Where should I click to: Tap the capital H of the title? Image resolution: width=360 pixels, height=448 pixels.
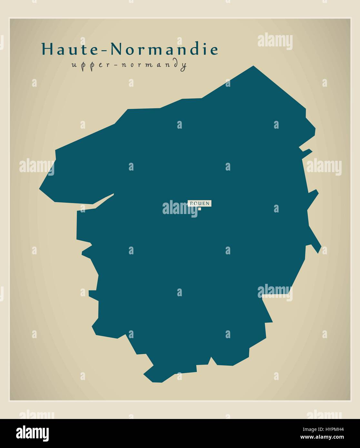[47, 49]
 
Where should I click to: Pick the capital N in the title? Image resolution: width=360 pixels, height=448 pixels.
[117, 49]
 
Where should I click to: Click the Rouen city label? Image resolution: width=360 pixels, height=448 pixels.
[200, 203]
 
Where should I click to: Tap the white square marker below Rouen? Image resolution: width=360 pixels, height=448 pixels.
[200, 209]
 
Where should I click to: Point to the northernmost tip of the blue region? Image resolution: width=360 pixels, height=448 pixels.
[253, 66]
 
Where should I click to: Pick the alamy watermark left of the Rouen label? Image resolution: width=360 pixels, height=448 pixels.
[175, 208]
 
